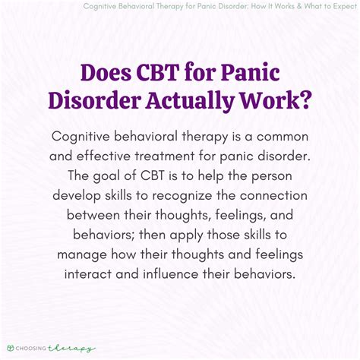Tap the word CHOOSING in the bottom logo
point(34,349)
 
